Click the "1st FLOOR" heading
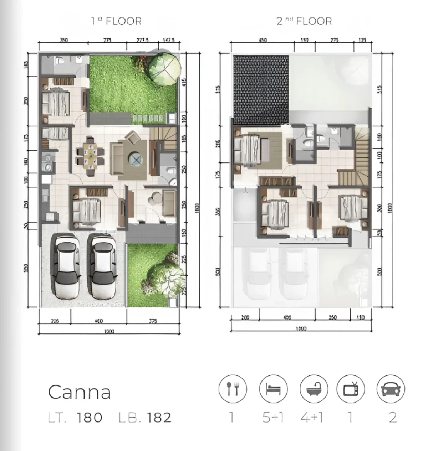point(116,21)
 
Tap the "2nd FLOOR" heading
point(304,21)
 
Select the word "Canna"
point(79,392)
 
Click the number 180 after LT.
point(89,418)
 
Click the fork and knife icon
point(233,389)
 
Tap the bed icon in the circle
point(273,389)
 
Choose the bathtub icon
point(314,389)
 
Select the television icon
point(351,389)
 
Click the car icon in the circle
point(391,389)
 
